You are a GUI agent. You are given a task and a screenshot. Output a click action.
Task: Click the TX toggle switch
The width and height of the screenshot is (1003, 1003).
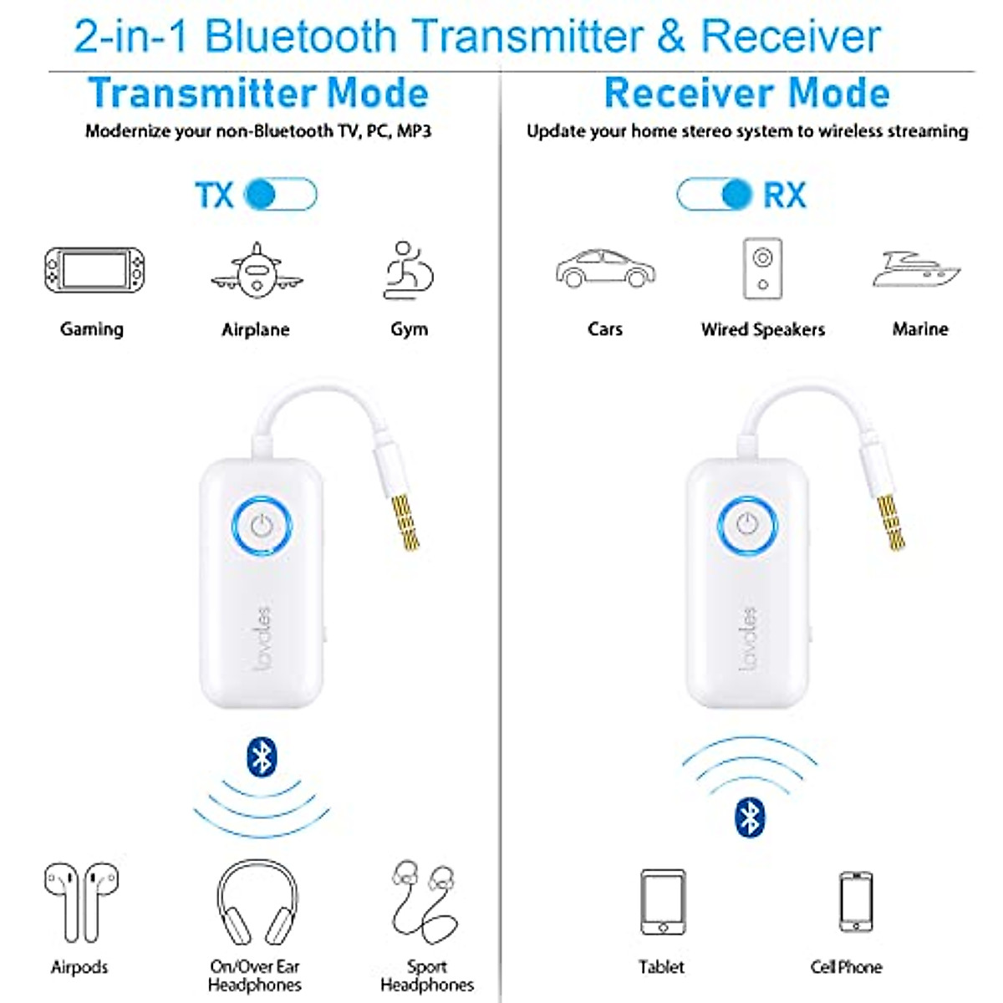[281, 195]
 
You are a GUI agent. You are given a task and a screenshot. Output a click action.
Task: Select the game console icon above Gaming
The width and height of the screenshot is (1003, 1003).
[94, 270]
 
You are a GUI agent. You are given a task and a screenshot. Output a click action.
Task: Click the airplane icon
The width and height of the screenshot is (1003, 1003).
[257, 270]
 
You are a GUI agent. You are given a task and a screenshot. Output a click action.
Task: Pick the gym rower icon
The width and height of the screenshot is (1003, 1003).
[409, 270]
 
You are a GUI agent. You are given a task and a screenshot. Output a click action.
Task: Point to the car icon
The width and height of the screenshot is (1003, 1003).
[605, 268]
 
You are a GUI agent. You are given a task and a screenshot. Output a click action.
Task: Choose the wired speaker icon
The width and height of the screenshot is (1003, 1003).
[762, 268]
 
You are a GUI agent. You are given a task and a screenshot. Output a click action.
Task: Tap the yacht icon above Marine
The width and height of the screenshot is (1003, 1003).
[917, 270]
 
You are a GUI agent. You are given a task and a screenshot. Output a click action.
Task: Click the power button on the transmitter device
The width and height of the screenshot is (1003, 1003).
[262, 526]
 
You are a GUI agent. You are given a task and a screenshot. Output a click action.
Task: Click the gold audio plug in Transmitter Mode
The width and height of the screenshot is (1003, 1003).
[405, 522]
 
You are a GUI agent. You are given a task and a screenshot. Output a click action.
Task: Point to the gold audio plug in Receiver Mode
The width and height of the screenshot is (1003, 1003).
[891, 522]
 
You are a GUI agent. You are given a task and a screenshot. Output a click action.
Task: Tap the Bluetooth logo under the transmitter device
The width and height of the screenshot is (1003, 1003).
[262, 757]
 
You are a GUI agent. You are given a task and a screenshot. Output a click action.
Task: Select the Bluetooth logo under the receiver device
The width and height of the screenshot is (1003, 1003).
[749, 817]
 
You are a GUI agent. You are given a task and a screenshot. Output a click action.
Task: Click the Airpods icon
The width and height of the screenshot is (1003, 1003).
[81, 903]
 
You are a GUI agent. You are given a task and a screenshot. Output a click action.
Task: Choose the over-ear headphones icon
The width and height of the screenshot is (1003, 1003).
[257, 903]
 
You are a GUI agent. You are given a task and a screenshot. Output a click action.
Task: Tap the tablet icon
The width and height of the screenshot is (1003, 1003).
[663, 902]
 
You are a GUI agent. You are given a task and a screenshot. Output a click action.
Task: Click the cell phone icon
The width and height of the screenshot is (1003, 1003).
[855, 902]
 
